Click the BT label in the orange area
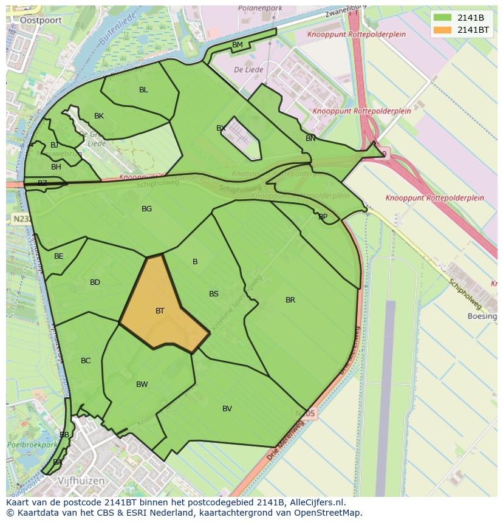(160, 311)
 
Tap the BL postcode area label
(143, 90)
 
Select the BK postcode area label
(99, 116)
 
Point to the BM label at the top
(238, 45)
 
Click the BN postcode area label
(310, 138)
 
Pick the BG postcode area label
(146, 209)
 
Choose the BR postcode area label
(290, 300)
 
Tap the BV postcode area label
(227, 409)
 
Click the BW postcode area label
(142, 385)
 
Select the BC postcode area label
(86, 361)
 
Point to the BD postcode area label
(95, 282)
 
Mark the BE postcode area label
(58, 256)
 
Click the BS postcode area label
(214, 294)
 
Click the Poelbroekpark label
(31, 445)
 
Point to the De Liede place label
(248, 70)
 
